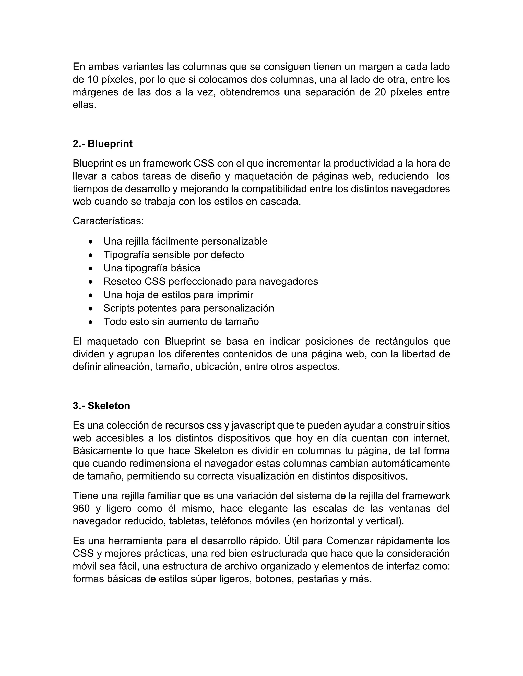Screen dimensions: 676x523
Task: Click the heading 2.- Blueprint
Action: coord(103,144)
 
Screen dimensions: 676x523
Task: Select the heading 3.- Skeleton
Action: coord(101,406)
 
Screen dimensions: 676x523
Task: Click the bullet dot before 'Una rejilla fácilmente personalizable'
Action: coord(90,241)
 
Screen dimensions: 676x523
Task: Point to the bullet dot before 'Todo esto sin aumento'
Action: coord(90,322)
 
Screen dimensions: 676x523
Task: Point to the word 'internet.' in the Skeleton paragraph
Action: coord(431,438)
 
